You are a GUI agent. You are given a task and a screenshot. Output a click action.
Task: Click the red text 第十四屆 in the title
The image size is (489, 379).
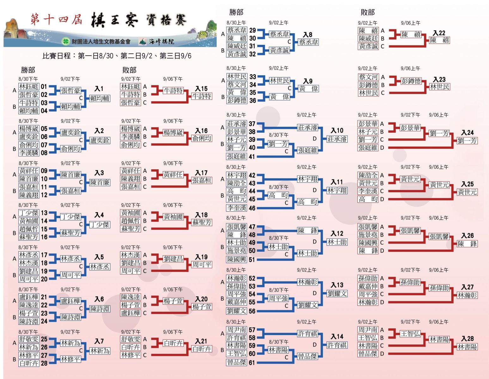point(56,19)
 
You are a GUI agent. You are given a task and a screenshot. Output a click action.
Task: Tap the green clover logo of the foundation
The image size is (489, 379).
point(66,41)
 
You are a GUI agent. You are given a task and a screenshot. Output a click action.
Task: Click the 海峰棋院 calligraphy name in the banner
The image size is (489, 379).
point(161,41)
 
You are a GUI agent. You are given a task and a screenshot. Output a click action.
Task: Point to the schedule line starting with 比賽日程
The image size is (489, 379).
point(117,56)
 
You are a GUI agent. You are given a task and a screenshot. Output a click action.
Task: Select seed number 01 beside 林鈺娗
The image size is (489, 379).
point(44,87)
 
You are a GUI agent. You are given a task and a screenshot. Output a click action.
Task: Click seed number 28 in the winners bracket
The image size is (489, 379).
point(44,363)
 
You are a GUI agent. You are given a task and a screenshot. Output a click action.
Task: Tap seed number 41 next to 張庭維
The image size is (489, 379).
point(252,156)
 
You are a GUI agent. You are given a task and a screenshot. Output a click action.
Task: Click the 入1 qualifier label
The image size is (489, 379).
point(99,89)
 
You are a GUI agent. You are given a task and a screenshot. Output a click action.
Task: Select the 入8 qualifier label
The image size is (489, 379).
point(308,35)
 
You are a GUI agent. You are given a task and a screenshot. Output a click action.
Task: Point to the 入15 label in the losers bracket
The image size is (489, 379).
point(201,89)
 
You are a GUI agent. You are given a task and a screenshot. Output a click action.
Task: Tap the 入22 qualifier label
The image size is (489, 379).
point(439,33)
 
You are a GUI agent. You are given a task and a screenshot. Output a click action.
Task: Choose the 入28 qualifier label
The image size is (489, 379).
point(468,339)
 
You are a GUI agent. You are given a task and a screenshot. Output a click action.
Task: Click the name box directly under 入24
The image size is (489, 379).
point(467,141)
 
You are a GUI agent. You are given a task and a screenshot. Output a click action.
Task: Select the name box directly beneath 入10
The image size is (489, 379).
point(337,139)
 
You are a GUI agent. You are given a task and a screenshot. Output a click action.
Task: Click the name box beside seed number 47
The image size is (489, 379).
point(236,226)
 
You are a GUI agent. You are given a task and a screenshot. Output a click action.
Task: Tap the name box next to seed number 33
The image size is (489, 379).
point(237,77)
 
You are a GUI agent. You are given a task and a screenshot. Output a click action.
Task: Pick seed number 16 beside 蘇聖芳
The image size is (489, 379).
point(44,237)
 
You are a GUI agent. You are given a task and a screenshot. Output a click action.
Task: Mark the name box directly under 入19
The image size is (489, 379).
point(202,265)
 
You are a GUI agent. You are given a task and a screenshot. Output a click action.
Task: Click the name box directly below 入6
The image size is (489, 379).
point(100,309)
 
